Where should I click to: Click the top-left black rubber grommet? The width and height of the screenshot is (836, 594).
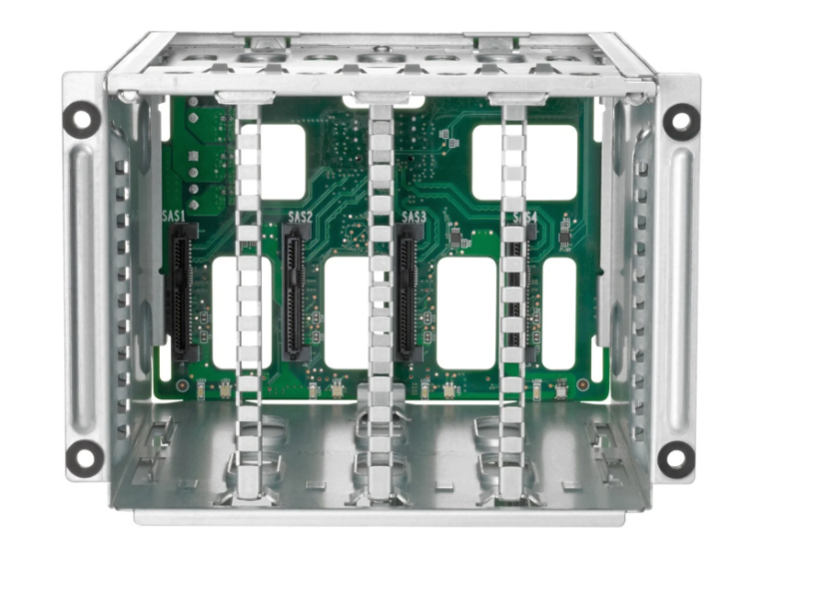(82, 120)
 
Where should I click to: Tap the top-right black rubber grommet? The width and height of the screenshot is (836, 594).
(681, 121)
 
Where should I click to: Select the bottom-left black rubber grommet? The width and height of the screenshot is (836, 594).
(85, 457)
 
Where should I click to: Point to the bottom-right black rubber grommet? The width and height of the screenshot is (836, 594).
(676, 458)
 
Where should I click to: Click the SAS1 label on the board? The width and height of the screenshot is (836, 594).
(175, 215)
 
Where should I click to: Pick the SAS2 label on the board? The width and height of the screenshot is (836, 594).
(300, 217)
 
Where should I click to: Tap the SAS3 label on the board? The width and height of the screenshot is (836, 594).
(414, 217)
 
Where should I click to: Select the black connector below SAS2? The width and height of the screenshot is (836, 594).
(295, 292)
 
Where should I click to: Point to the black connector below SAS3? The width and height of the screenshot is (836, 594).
(408, 292)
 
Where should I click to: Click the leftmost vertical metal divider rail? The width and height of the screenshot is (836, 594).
(248, 299)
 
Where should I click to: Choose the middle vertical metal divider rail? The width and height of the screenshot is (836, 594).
(380, 299)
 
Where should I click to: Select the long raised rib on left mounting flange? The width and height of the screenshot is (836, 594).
(84, 290)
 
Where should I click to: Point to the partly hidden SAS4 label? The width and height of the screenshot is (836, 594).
(525, 218)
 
